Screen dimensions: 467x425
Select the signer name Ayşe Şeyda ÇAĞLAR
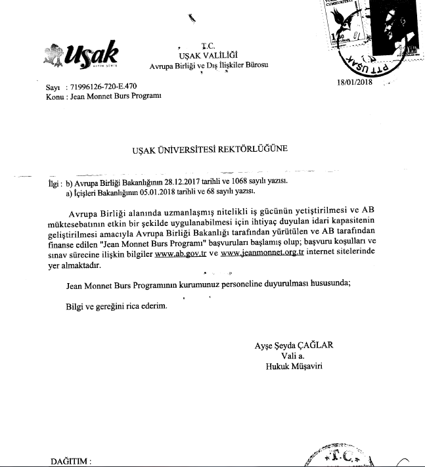294,346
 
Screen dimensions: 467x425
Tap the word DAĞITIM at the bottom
71,461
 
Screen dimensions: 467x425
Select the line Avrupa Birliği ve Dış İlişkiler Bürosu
208,66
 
